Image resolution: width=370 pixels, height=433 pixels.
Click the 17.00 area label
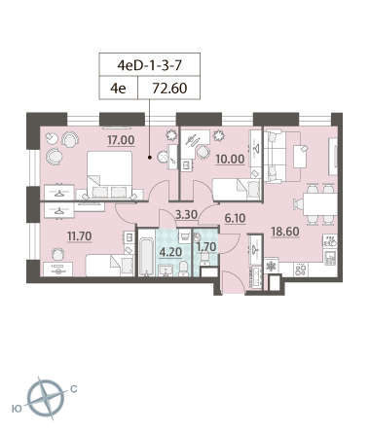tap(121, 140)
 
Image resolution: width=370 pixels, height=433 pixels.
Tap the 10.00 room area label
tap(230, 160)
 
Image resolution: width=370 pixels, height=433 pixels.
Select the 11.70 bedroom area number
tap(80, 236)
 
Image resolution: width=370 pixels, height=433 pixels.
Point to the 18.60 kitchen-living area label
tap(285, 232)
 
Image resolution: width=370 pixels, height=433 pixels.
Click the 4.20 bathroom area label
tap(170, 252)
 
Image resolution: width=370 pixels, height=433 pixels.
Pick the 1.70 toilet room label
tap(206, 247)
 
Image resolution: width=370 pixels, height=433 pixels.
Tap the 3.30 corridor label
tap(186, 214)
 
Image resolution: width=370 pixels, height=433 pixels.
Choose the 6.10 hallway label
tap(235, 218)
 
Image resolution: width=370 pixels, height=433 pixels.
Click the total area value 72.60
tap(169, 88)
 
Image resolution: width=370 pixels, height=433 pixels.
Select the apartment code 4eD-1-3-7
tap(150, 65)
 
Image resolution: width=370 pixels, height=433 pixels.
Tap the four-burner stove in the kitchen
tap(301, 270)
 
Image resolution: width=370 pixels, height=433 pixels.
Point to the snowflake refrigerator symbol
tap(271, 267)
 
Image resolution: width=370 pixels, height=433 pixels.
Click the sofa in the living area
tap(275, 156)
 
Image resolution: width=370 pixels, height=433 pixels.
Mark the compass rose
tap(46, 398)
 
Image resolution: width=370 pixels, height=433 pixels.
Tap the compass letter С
tap(74, 388)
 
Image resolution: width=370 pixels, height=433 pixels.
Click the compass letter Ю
tap(17, 409)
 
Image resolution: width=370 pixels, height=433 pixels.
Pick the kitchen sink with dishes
tap(330, 241)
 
